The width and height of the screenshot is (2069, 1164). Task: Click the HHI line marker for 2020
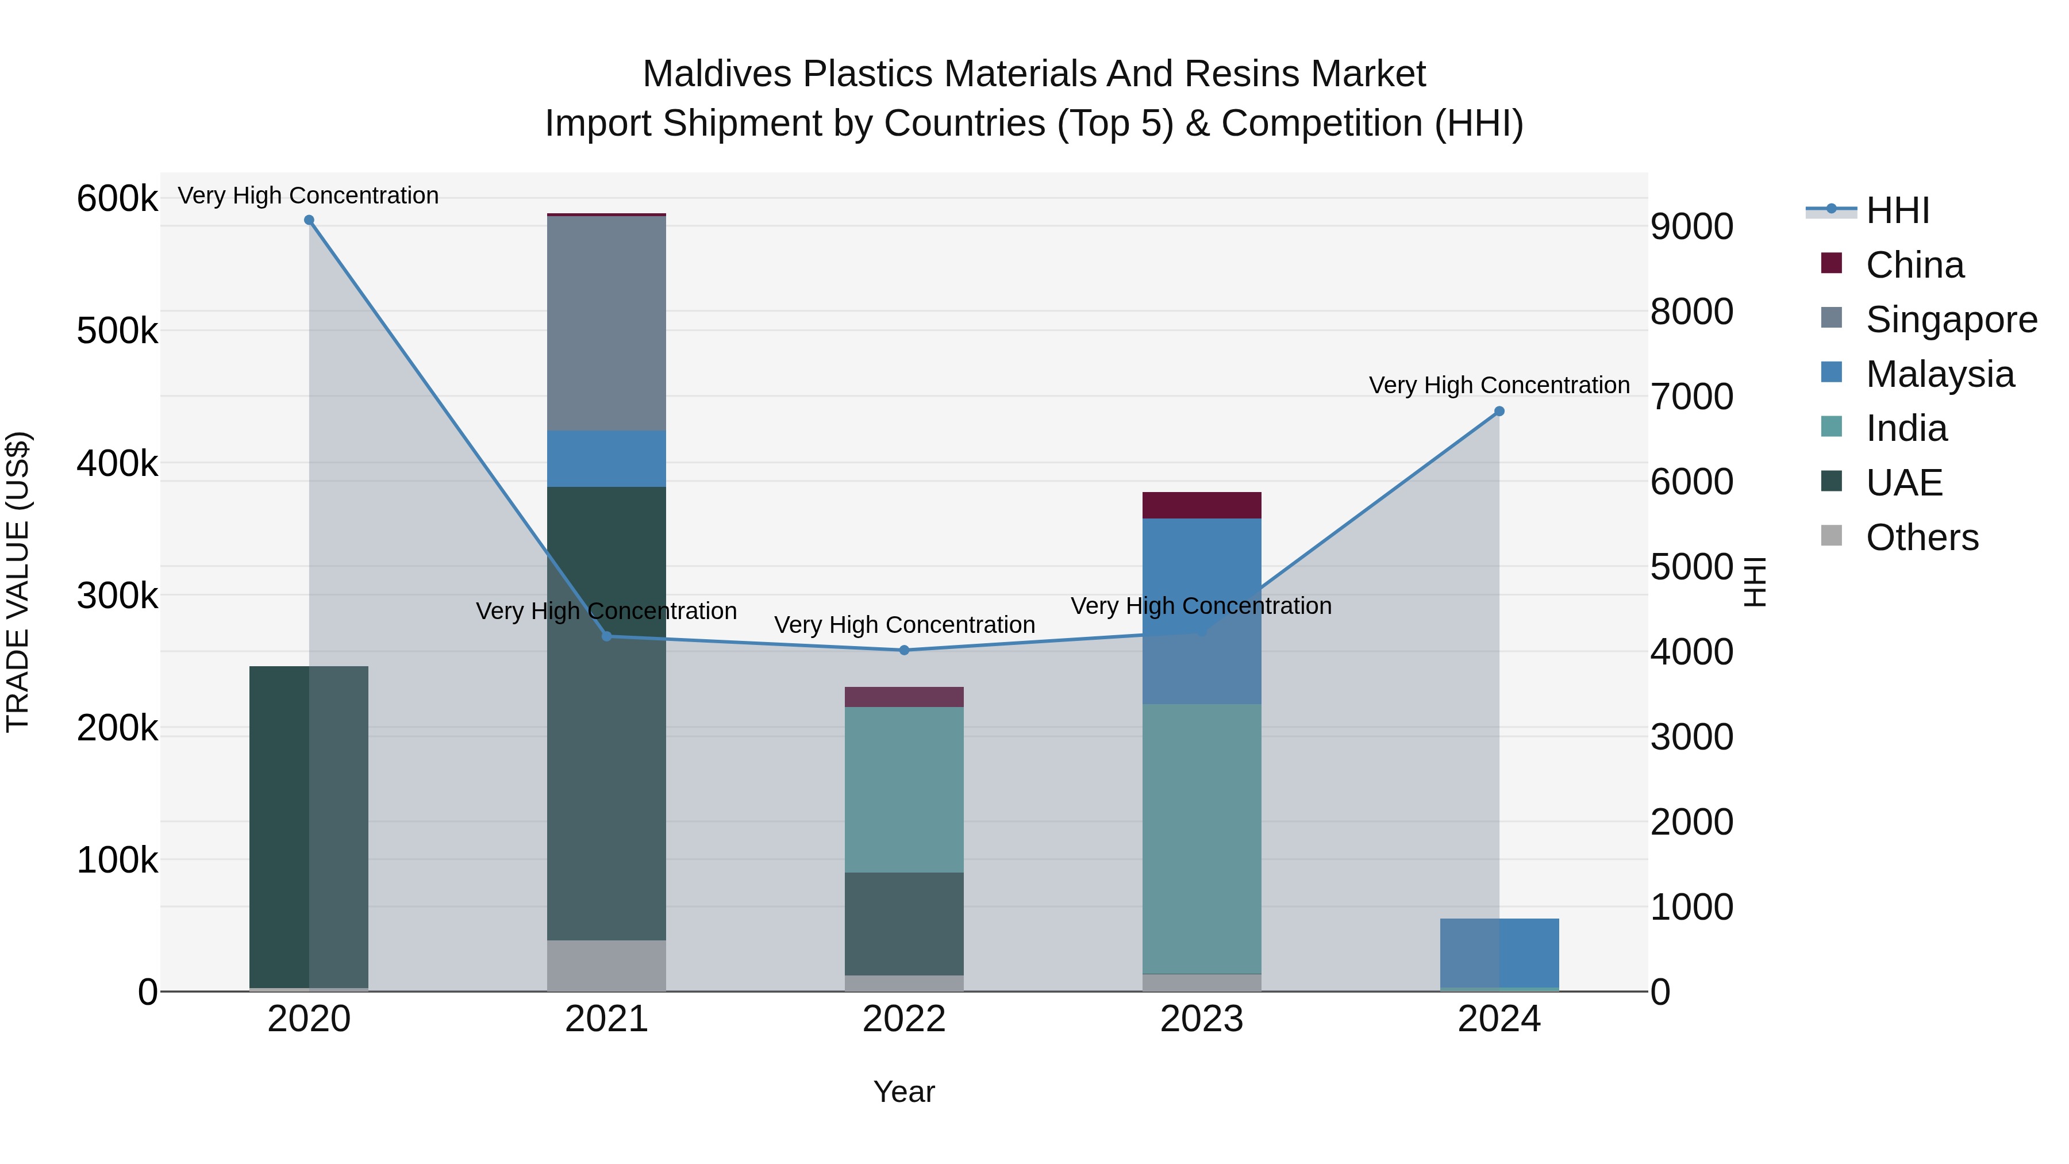[x=309, y=220]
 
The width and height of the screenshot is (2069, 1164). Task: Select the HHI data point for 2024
[x=1499, y=412]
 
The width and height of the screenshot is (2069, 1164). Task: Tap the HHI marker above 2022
[x=905, y=650]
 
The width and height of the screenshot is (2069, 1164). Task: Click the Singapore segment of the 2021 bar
[x=606, y=323]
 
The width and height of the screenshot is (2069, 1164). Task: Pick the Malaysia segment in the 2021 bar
[x=606, y=459]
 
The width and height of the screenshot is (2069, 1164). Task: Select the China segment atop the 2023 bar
[x=1202, y=505]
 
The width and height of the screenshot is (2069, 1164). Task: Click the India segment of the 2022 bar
[x=905, y=790]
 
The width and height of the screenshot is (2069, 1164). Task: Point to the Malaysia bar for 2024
[x=1499, y=952]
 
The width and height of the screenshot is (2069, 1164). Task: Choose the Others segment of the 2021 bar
[x=606, y=966]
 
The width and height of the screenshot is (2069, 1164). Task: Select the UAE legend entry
[x=1903, y=483]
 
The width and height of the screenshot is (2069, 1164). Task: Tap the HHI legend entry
[x=1897, y=210]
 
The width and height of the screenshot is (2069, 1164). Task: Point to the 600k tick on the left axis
[x=117, y=198]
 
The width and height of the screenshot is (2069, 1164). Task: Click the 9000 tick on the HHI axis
[x=1691, y=226]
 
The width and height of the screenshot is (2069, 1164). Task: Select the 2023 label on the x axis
[x=1202, y=1019]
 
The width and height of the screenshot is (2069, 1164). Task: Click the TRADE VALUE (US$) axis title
[x=18, y=582]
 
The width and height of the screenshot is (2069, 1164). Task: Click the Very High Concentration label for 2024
[x=1499, y=386]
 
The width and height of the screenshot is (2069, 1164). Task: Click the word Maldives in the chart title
[x=717, y=74]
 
